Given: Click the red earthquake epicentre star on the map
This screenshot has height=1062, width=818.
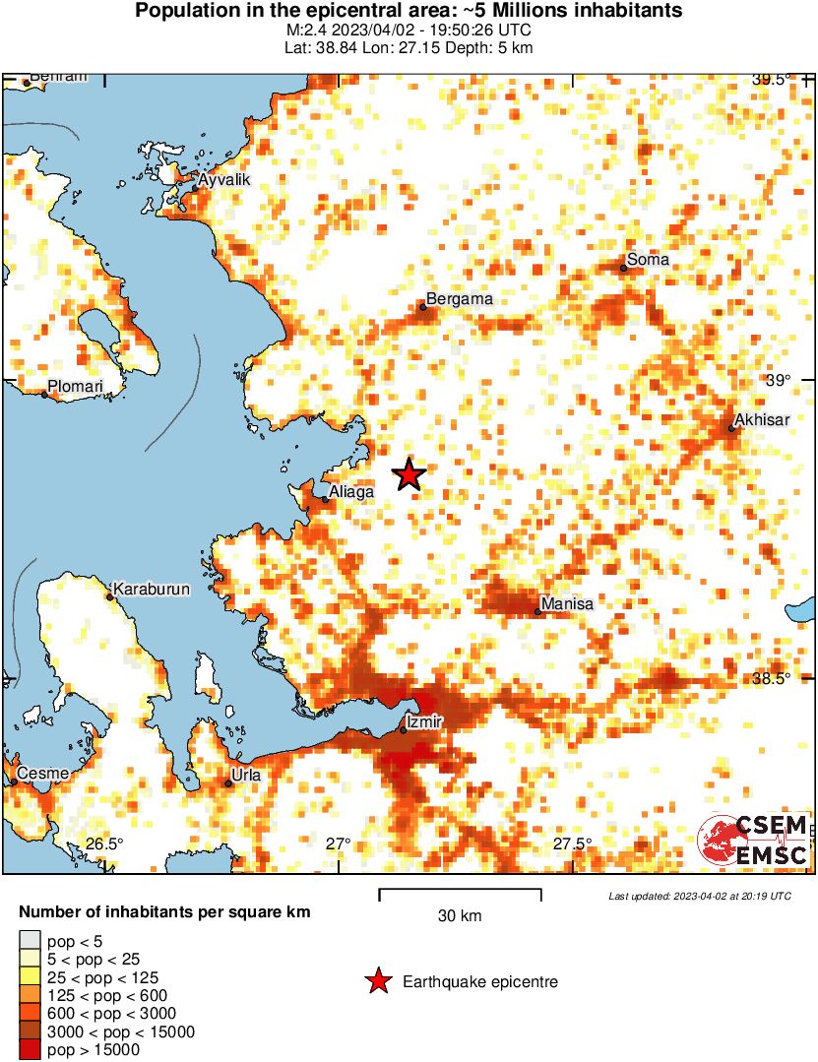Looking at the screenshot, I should point(409,475).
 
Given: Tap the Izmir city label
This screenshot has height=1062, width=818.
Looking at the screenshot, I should point(425,722).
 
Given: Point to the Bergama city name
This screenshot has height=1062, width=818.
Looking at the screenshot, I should point(458,299).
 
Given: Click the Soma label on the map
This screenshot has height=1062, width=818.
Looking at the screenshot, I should point(648,260).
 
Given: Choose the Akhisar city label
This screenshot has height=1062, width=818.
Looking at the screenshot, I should point(762,420).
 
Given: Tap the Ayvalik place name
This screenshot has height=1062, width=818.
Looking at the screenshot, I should point(225,180).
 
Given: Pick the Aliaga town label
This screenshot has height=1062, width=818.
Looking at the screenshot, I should point(351,491).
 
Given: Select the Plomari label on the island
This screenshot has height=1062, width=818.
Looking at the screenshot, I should point(76,387).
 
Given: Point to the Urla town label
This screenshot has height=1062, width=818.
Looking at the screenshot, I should point(245,775).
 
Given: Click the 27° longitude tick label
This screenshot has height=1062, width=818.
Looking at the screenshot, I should point(339,843).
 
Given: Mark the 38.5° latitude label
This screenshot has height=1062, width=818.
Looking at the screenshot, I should point(772,678).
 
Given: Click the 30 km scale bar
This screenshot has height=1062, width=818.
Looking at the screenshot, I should point(460,894).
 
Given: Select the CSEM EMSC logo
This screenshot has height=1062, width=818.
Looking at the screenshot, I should point(754,841).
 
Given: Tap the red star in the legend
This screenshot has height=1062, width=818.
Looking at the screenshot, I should point(377,981).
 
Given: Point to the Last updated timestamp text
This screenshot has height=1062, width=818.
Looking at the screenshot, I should point(699,897).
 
